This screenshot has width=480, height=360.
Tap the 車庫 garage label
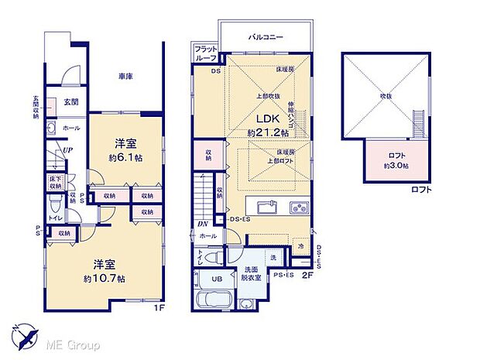[126, 77]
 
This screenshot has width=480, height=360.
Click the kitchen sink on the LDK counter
[262, 207]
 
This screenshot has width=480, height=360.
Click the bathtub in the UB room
[213, 300]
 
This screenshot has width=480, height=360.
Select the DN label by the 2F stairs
[201, 224]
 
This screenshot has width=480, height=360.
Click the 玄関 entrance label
[70, 101]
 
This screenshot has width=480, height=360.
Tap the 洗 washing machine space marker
[272, 257]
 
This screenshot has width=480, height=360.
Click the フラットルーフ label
[205, 53]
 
